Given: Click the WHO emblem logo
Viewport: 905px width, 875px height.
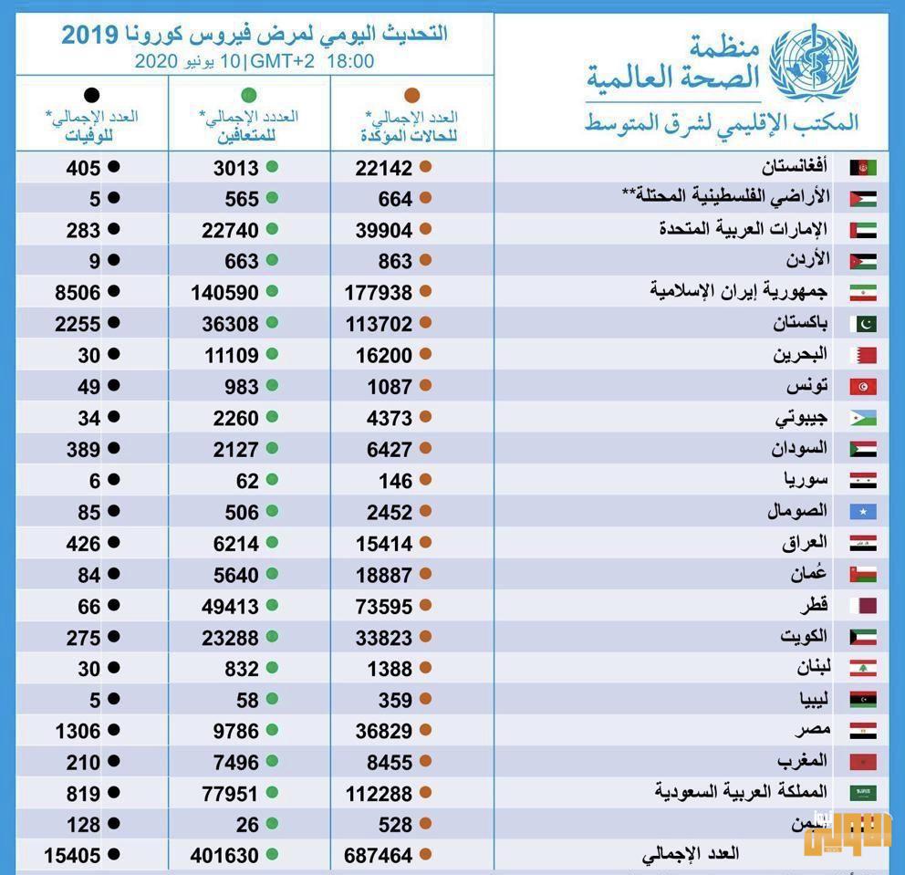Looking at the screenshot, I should (x=814, y=62).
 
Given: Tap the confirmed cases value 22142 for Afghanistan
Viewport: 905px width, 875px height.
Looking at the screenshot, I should (x=384, y=168).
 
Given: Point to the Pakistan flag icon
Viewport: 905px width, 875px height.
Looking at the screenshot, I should (x=863, y=324).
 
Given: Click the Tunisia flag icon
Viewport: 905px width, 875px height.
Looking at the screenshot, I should (x=863, y=387).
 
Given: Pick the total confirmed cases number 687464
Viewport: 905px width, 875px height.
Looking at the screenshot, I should (x=379, y=856).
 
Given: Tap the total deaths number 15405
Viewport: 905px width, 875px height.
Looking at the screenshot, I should (x=71, y=856).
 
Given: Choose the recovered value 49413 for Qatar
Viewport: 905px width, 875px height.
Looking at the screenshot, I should (x=230, y=606).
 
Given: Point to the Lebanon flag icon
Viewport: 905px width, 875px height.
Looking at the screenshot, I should (x=863, y=669).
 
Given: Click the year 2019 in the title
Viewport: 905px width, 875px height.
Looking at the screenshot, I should (x=89, y=36).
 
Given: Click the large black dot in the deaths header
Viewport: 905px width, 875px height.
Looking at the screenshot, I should (x=91, y=95).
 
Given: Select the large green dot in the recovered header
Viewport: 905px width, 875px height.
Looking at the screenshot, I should (x=248, y=95).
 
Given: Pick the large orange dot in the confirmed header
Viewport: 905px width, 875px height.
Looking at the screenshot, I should (x=411, y=95).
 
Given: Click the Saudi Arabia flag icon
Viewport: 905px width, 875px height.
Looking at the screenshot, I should (x=863, y=793).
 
